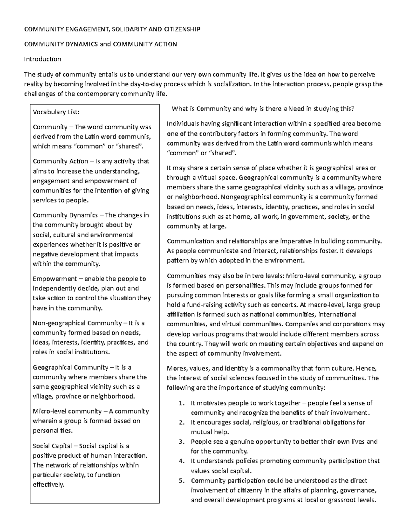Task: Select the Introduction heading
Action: coord(42,59)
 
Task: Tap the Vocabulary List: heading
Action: coord(56,112)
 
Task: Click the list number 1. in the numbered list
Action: coord(181,403)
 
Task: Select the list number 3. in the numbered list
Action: coord(181,442)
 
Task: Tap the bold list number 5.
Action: coord(181,481)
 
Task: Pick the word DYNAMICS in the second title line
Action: coord(81,44)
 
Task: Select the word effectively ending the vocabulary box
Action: coord(48,485)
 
